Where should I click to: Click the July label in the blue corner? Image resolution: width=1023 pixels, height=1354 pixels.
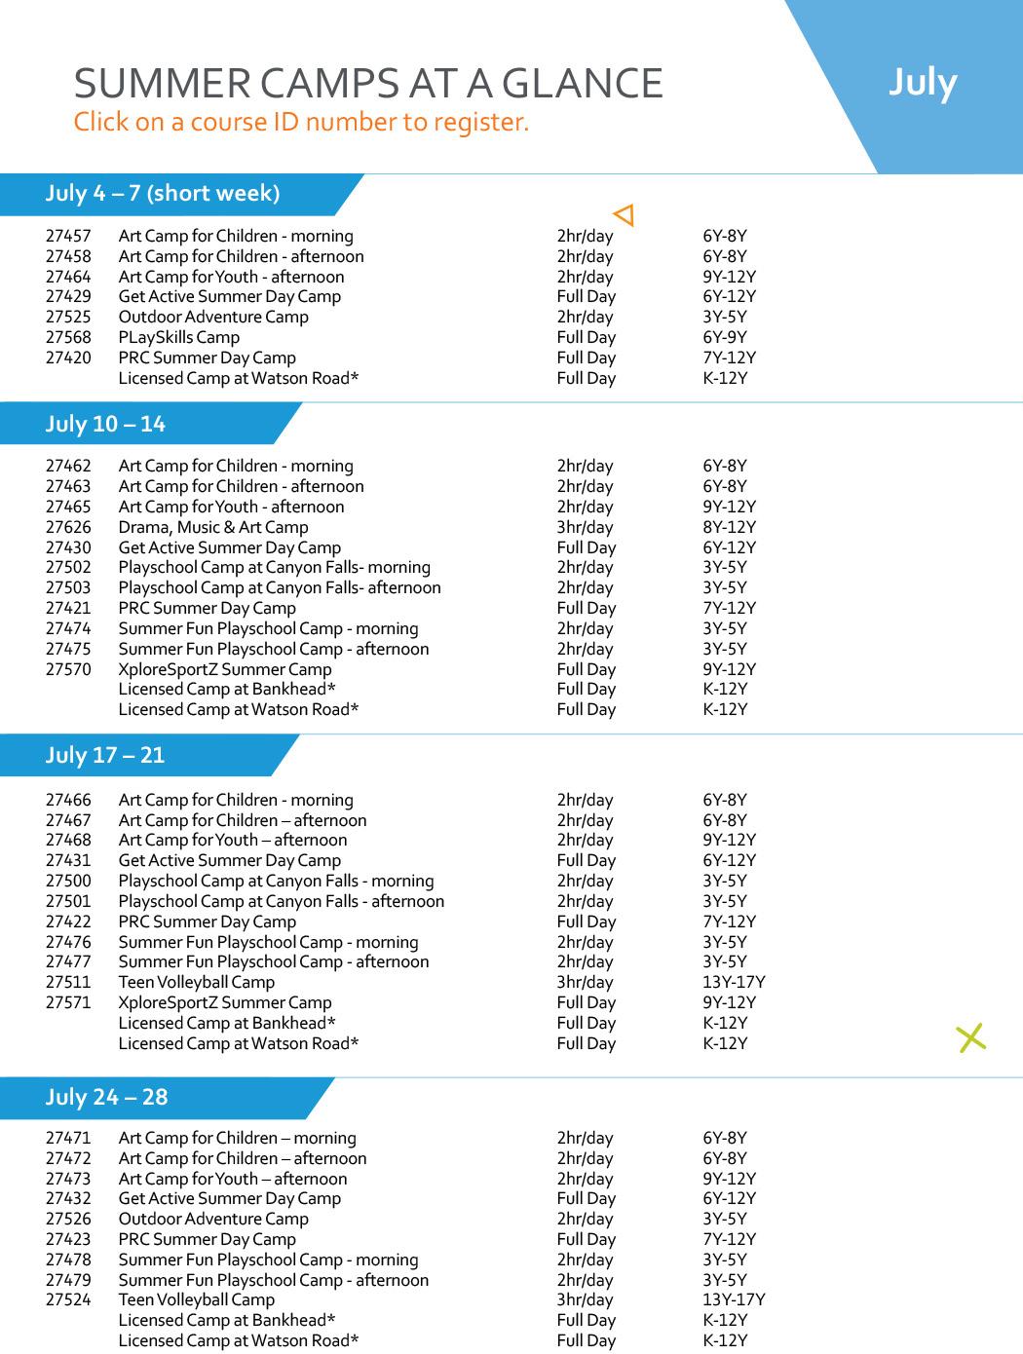pos(922,83)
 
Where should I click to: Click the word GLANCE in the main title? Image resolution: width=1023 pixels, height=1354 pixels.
pos(582,85)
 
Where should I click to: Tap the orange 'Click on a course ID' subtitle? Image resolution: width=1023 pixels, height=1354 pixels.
pos(301,123)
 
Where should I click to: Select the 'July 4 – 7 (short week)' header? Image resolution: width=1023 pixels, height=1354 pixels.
pos(162,194)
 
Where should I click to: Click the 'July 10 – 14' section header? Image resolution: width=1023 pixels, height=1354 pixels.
pos(105,425)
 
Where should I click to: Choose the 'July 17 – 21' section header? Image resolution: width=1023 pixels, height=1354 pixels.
pos(105,756)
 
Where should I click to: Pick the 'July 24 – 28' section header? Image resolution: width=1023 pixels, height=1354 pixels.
pos(106,1098)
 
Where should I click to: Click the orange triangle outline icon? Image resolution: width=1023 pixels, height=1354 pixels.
pos(625,214)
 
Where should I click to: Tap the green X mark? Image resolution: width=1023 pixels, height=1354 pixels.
pos(971,1038)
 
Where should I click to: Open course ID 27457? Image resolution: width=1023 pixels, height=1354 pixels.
pos(68,237)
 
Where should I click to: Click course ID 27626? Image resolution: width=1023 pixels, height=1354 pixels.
pos(68,528)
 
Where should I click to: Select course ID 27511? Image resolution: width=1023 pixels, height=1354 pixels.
pos(68,983)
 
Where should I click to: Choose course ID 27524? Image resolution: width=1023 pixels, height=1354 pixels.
pos(68,1300)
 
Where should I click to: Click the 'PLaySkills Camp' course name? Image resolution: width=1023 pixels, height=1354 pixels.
pos(178,338)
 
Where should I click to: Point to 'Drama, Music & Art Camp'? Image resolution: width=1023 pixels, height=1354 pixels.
pos(213,528)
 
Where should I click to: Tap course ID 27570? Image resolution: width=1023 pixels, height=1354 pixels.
pos(68,670)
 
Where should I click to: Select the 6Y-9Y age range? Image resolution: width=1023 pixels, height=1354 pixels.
pos(725,338)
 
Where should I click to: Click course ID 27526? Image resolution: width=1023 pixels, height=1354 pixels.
pos(68,1220)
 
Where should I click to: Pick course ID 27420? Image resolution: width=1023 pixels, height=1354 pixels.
pos(68,358)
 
